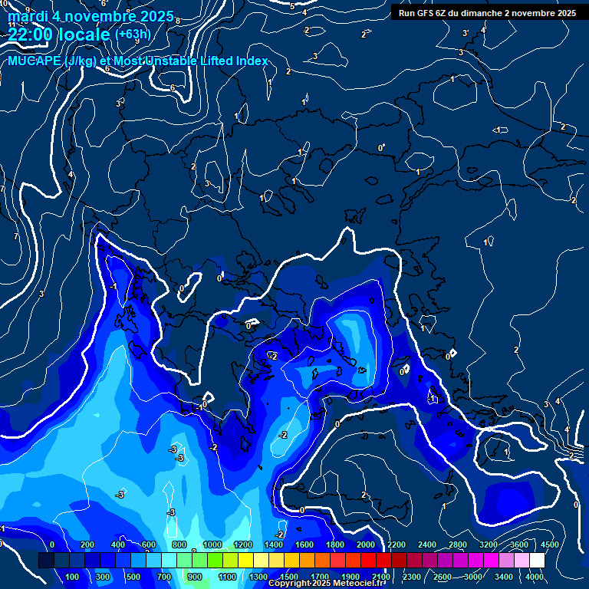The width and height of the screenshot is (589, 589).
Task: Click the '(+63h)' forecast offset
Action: (x=133, y=34)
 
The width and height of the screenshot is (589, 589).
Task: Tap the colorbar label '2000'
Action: (x=366, y=545)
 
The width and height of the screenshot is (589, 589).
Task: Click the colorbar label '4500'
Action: (x=550, y=545)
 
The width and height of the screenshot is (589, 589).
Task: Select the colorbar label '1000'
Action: (x=212, y=545)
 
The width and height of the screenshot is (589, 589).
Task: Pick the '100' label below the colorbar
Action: (x=73, y=577)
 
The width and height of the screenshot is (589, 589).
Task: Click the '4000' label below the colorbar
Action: (x=535, y=577)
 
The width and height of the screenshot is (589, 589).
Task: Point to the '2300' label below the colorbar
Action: (x=412, y=577)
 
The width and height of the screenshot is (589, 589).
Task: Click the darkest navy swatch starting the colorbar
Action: (x=46, y=561)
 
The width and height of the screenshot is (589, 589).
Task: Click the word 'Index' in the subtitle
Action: (x=252, y=61)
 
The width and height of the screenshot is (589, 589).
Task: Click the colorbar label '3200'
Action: (x=489, y=545)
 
